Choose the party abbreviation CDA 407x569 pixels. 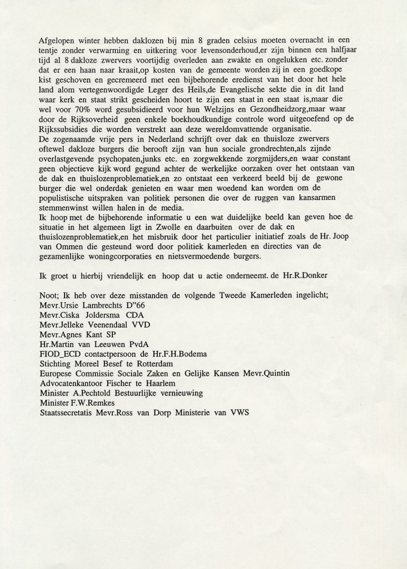click(135, 315)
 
